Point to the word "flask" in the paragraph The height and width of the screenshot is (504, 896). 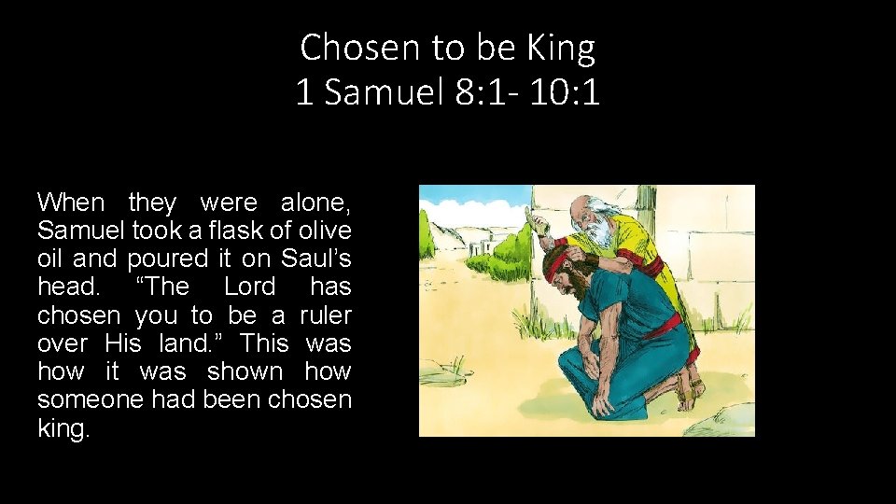click(x=209, y=230)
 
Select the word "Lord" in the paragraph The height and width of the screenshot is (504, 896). click(x=250, y=287)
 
